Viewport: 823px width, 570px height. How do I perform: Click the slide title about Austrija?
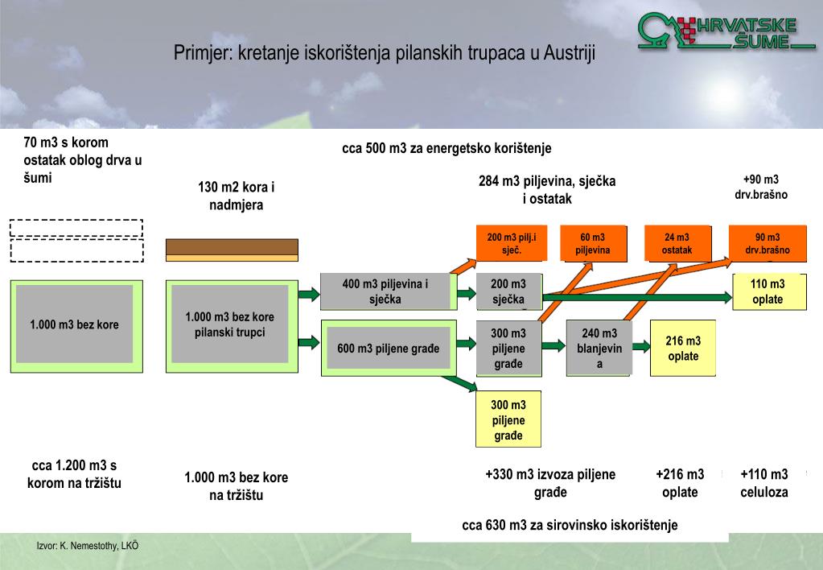click(x=385, y=53)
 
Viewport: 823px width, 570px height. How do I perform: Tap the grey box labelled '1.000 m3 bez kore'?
click(x=74, y=324)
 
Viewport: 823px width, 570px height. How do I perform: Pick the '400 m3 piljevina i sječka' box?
click(x=385, y=291)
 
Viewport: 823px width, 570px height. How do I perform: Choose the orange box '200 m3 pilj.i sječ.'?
click(x=512, y=243)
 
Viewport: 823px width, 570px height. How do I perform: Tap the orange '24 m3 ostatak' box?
click(x=677, y=243)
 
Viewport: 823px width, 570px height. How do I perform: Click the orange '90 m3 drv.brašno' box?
click(x=767, y=243)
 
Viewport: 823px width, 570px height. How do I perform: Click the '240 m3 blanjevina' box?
click(x=599, y=349)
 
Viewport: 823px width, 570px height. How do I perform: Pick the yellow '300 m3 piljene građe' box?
click(x=508, y=419)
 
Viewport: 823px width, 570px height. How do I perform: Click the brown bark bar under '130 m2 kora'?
click(x=232, y=247)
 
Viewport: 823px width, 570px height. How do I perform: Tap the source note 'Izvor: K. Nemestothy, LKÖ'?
click(x=88, y=546)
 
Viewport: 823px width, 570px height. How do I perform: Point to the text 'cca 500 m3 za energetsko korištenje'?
click(x=446, y=149)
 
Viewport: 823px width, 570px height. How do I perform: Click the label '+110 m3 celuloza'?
click(x=763, y=483)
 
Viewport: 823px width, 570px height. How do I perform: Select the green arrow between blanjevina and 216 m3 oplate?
click(x=641, y=346)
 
